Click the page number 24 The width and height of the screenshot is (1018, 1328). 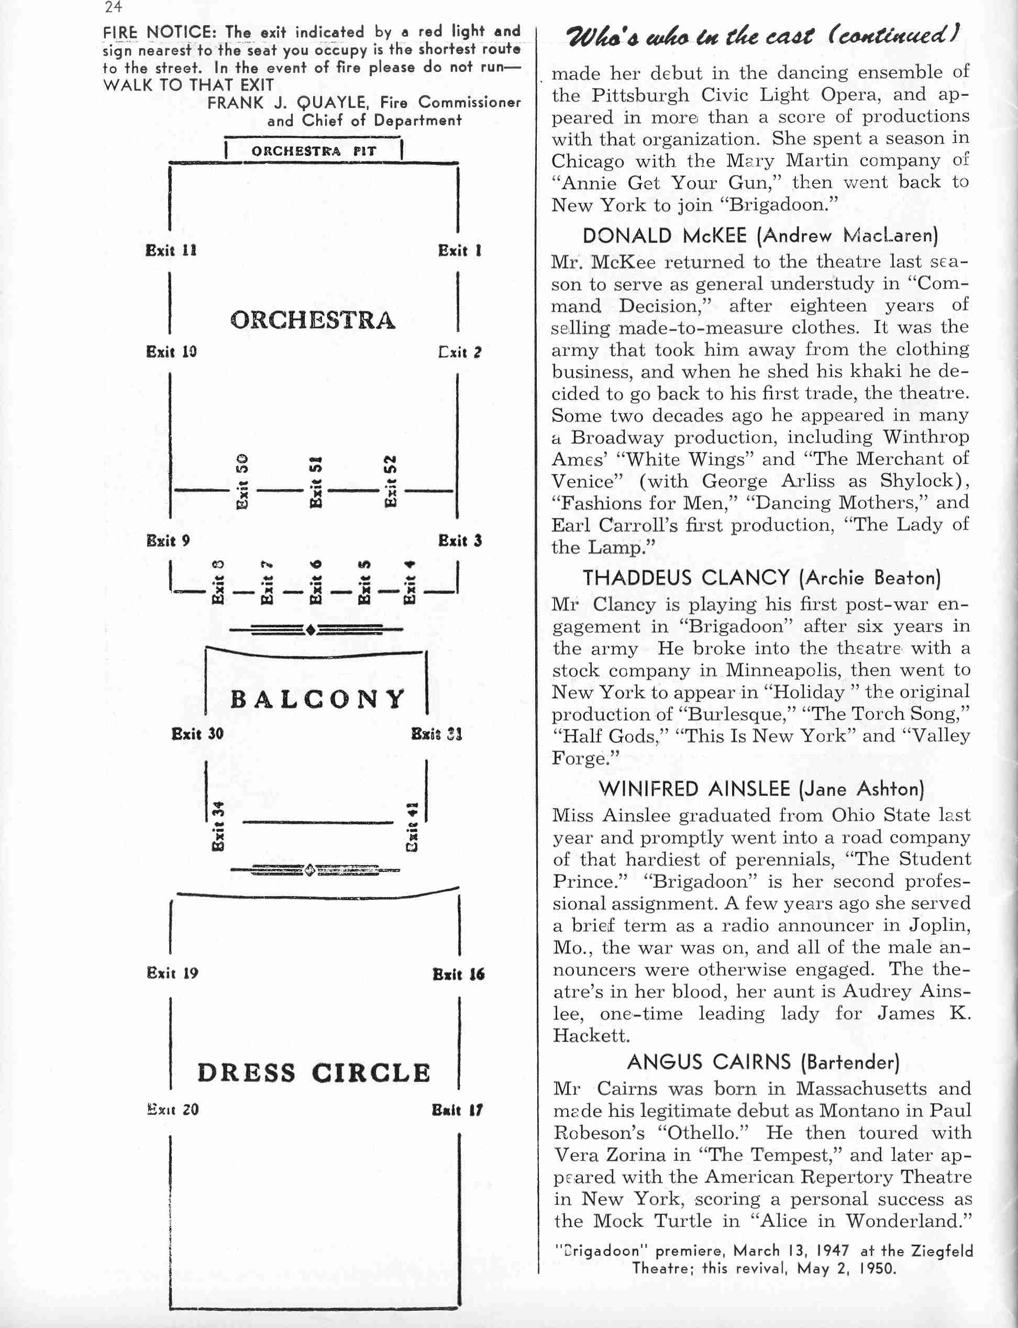tap(113, 7)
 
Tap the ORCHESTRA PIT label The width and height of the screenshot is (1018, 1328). tap(313, 151)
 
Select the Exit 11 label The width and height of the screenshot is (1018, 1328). tap(171, 250)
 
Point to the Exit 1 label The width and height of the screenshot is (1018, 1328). tap(459, 250)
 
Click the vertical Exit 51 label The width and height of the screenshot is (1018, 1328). tap(316, 482)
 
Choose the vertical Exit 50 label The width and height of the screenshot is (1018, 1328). tap(242, 482)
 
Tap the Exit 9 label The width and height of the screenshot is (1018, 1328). tap(168, 540)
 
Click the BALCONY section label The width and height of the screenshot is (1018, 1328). tap(317, 699)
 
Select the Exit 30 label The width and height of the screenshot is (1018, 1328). tap(197, 734)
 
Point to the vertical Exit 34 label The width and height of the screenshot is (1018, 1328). tap(218, 826)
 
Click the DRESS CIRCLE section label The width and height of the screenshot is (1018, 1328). tap(313, 1073)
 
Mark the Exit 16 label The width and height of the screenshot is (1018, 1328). tap(458, 974)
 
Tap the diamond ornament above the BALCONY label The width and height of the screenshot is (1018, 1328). tap(310, 630)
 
